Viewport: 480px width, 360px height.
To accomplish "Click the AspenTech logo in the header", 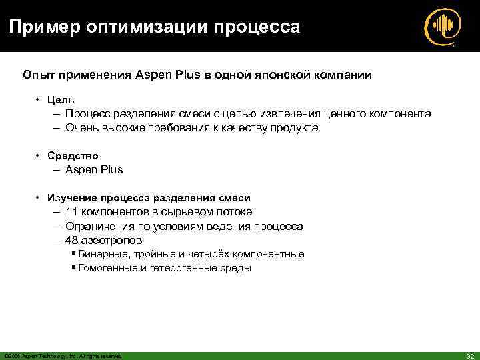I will click(x=442, y=27).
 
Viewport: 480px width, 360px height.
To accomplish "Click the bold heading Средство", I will click(x=73, y=156).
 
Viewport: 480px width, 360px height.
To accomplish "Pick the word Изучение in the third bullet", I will click(x=72, y=198).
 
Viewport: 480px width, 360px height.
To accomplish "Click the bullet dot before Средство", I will click(x=39, y=156).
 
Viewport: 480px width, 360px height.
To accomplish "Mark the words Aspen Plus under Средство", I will click(x=94, y=170).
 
